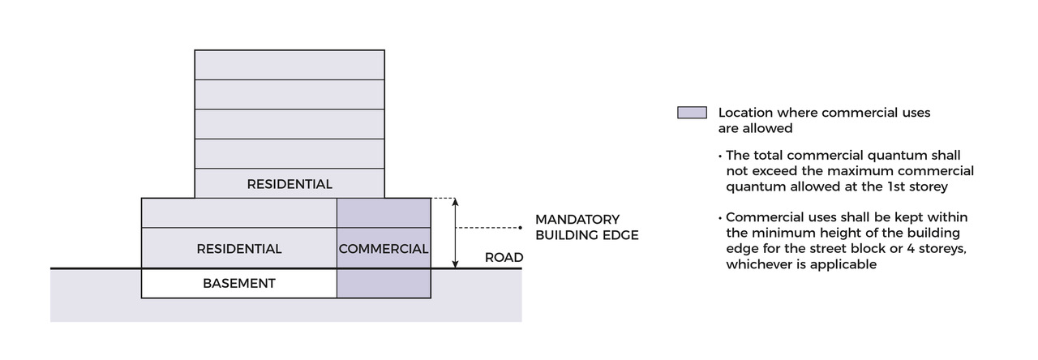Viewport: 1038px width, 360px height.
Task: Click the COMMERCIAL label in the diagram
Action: click(x=383, y=249)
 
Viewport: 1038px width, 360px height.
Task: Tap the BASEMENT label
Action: click(x=239, y=283)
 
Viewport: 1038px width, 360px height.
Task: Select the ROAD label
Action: click(x=504, y=258)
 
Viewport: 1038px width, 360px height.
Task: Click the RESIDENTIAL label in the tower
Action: click(x=290, y=184)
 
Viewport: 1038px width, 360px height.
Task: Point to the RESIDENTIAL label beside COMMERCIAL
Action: click(x=239, y=249)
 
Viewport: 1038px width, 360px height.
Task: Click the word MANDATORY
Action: click(x=577, y=220)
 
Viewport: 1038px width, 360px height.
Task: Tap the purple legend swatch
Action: click(x=692, y=113)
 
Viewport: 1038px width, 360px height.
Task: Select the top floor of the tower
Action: click(x=290, y=65)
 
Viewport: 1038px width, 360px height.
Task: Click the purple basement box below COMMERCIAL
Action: click(x=384, y=283)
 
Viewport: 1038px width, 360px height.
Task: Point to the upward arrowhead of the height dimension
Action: click(x=456, y=202)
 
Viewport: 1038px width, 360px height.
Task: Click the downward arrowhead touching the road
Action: click(x=456, y=264)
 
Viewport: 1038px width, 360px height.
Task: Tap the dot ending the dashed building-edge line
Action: click(x=521, y=227)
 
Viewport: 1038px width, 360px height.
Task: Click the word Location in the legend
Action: click(x=745, y=113)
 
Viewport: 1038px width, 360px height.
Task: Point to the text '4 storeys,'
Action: click(x=934, y=249)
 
